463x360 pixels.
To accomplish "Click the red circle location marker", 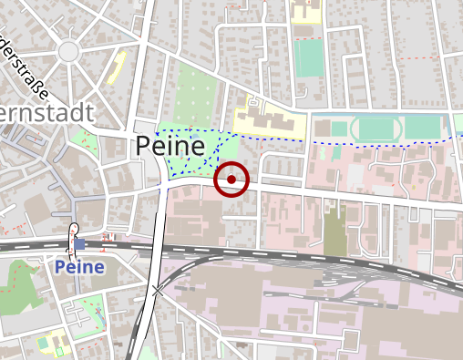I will (231, 180).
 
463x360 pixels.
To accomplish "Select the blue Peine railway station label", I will (79, 267).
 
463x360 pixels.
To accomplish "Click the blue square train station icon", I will (79, 243).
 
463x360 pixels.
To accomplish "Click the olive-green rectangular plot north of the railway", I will (334, 232).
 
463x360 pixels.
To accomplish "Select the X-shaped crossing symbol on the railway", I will (159, 291).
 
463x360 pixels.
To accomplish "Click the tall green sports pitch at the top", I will (309, 57).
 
